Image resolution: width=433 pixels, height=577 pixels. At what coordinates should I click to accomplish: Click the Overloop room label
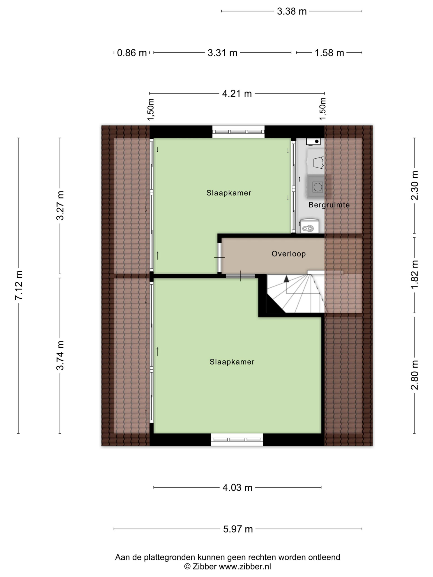288,254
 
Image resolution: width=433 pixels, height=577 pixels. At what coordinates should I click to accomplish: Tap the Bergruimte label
329,205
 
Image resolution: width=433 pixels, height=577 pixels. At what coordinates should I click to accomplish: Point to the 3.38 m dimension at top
292,11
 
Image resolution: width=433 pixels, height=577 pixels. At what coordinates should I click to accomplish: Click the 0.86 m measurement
131,53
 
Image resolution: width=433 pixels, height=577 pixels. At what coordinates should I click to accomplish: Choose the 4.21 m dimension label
237,94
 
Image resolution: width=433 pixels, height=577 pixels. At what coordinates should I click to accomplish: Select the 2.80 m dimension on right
415,375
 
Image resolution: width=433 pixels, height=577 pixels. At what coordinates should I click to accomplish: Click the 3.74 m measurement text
60,355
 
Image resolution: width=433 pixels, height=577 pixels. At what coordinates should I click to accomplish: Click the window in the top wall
238,132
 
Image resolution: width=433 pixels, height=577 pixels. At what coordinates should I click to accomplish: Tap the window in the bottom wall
237,440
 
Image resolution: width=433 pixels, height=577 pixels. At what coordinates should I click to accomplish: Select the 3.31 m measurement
222,53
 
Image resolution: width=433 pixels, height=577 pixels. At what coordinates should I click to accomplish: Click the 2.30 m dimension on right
415,185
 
